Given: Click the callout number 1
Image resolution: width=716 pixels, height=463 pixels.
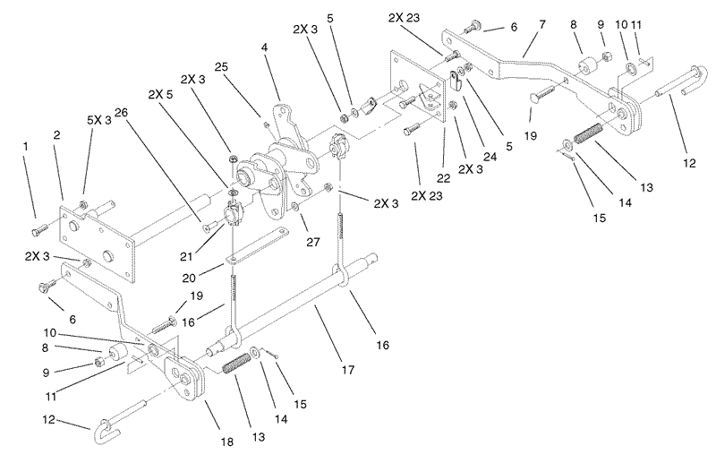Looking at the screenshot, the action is pyautogui.click(x=26, y=146).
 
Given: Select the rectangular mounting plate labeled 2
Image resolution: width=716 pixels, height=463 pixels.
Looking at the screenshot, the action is pyautogui.click(x=97, y=241).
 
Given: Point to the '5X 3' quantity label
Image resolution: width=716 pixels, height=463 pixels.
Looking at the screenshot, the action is pyautogui.click(x=99, y=120).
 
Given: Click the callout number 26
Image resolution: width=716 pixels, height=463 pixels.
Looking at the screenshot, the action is pyautogui.click(x=122, y=113).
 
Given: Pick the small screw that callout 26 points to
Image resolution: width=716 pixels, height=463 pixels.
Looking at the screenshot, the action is pyautogui.click(x=209, y=225).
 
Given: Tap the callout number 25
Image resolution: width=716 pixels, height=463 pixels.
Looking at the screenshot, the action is pyautogui.click(x=221, y=67).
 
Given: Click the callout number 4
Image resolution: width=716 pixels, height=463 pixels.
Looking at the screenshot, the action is pyautogui.click(x=264, y=47).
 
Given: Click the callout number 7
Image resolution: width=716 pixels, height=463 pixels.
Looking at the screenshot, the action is pyautogui.click(x=542, y=24).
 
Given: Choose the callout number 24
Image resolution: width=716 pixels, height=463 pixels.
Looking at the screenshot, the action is pyautogui.click(x=490, y=157).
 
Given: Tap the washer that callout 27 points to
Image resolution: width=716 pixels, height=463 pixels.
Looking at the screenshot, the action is pyautogui.click(x=296, y=208).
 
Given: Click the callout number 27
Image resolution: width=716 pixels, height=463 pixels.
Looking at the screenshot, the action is pyautogui.click(x=312, y=241).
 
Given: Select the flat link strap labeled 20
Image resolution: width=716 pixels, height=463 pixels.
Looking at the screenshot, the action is pyautogui.click(x=256, y=247).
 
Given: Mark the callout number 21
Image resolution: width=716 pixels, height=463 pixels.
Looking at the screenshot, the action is pyautogui.click(x=186, y=257).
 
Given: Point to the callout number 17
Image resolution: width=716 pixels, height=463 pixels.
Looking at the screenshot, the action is pyautogui.click(x=348, y=369).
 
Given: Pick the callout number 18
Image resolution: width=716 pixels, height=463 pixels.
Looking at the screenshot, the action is pyautogui.click(x=227, y=442).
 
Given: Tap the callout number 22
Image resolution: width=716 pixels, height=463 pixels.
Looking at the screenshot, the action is pyautogui.click(x=443, y=178).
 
